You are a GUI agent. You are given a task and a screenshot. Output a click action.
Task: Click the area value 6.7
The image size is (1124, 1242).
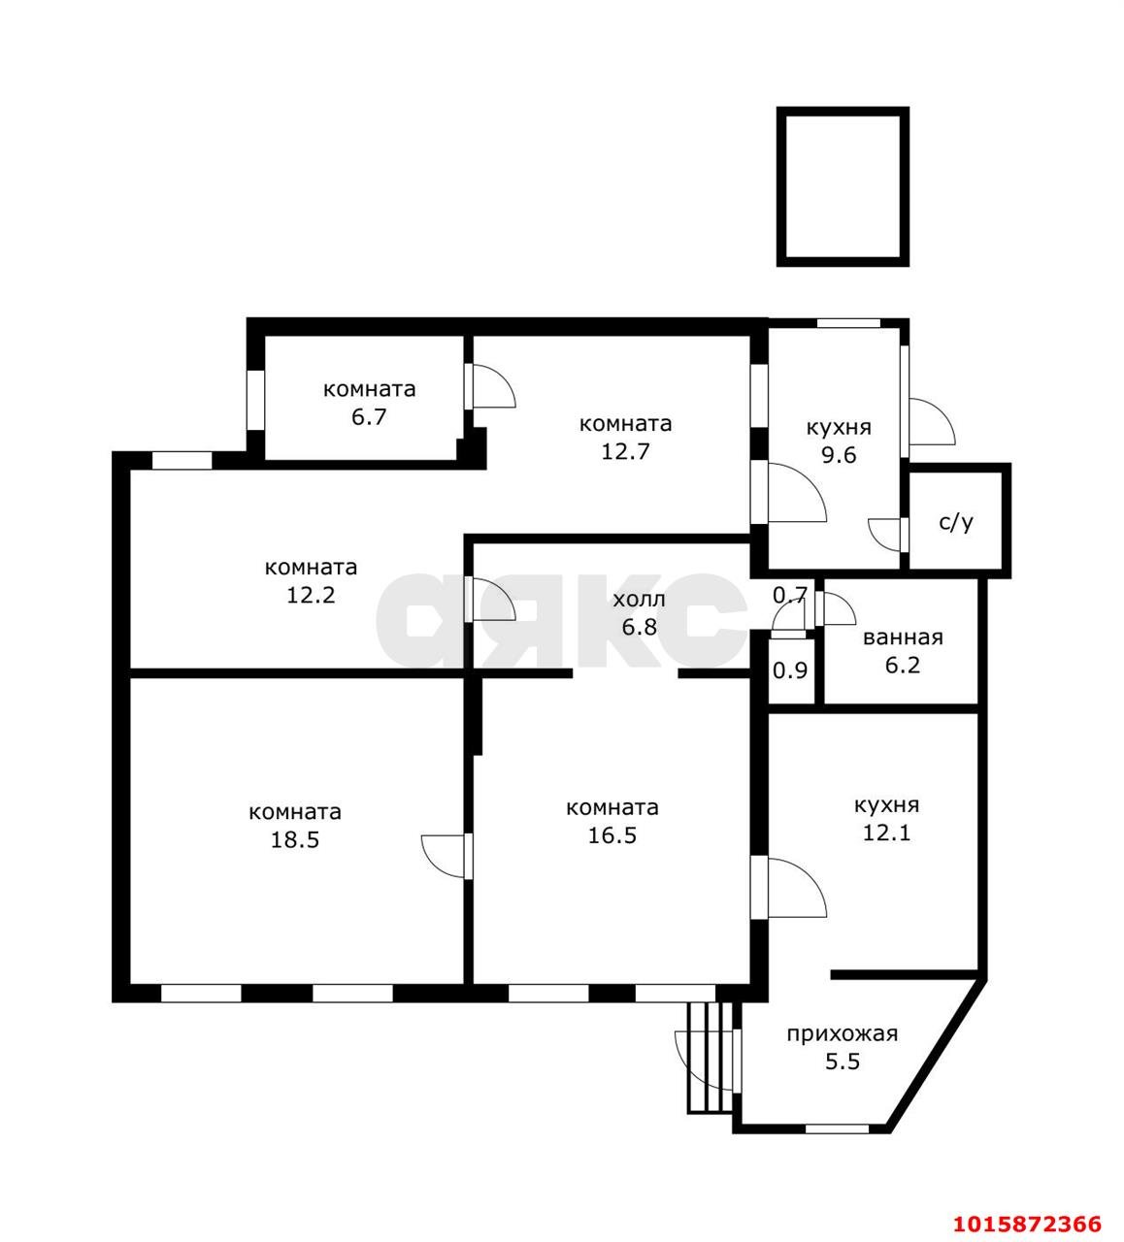369,416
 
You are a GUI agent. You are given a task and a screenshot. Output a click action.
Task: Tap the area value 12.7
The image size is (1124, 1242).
625,451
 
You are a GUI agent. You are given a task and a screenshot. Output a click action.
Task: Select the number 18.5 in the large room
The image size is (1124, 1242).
295,840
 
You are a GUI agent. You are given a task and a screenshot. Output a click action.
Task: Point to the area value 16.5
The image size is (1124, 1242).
612,835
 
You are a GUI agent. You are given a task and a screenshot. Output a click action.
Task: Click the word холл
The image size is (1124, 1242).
639,600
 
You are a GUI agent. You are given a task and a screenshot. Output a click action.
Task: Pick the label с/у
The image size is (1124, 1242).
956,523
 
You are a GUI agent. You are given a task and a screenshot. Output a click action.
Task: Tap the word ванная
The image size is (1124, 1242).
903,637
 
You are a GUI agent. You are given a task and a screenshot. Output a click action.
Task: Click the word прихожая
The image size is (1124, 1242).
843,1034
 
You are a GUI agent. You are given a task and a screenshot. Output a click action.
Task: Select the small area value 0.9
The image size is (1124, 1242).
790,670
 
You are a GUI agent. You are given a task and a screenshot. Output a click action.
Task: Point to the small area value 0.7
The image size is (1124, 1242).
790,595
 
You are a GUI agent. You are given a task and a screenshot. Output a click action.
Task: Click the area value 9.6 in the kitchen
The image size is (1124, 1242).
839,455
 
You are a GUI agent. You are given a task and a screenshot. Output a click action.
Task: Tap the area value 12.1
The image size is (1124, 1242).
887,833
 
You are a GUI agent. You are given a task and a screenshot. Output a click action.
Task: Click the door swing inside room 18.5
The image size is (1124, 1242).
443,856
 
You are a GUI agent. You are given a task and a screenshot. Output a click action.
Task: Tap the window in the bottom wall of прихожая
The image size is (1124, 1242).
837,1128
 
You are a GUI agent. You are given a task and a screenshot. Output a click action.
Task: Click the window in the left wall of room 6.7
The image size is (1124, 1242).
255,400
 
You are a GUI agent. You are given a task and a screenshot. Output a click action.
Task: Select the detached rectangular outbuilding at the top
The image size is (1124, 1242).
843,187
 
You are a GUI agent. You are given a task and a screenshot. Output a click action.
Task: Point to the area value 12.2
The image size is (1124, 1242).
311,595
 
